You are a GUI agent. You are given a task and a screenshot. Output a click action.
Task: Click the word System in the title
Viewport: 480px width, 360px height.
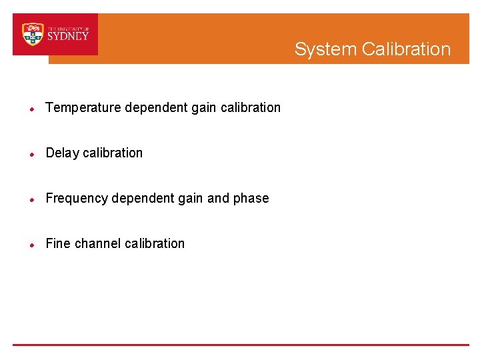325,49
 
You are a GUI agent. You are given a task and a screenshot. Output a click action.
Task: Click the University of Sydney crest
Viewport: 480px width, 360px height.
33,34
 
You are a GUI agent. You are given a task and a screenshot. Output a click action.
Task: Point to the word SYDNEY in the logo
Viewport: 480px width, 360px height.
68,37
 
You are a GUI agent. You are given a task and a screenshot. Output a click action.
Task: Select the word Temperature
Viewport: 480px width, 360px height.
83,107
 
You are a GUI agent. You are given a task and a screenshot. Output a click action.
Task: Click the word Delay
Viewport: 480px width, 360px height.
62,153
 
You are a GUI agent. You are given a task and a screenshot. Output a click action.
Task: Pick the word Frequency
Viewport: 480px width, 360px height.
77,198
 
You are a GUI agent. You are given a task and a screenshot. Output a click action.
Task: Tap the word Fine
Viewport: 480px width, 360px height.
58,243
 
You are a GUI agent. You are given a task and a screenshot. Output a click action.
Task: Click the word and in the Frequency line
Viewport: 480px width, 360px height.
218,198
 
